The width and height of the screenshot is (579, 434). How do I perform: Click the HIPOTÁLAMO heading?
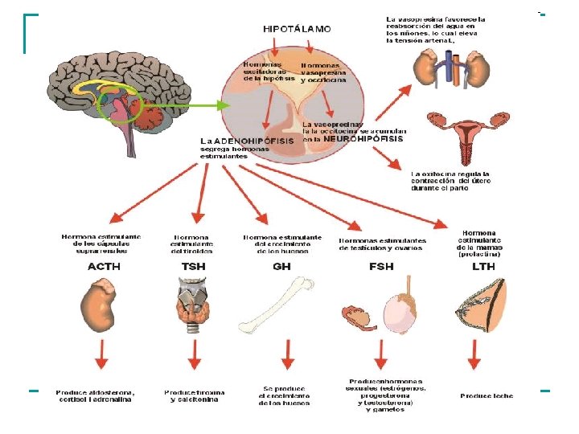tap(297, 28)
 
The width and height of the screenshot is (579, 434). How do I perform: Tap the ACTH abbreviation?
tap(103, 266)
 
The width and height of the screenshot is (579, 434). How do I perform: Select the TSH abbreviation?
tap(193, 266)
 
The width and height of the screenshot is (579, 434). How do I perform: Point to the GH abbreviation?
tap(281, 266)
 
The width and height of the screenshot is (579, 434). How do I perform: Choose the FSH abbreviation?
tap(382, 266)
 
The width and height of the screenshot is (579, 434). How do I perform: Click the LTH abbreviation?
tap(483, 266)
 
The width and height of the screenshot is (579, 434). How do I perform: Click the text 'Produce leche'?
tap(487, 395)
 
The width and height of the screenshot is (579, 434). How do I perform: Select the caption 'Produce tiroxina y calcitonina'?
tap(194, 395)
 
